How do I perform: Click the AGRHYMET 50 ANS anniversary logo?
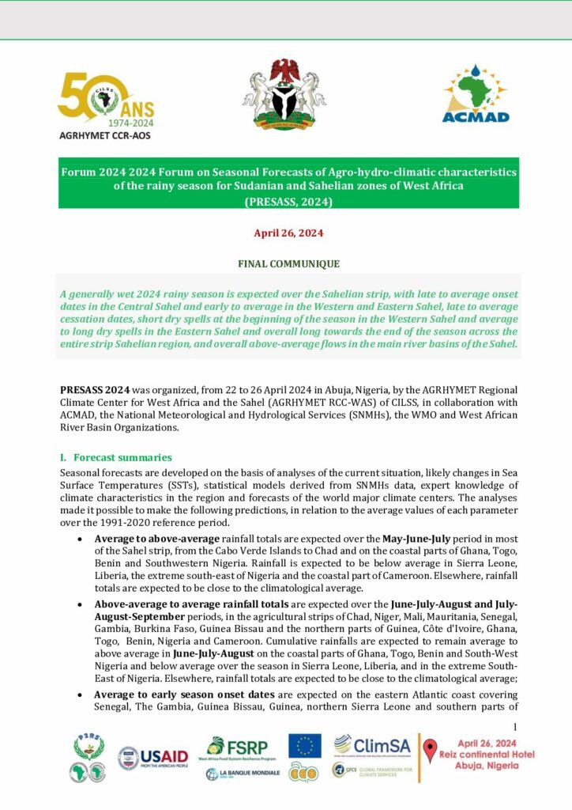point(105,105)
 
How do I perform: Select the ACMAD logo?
point(476,94)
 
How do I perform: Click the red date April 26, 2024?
point(288,233)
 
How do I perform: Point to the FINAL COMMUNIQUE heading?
point(288,263)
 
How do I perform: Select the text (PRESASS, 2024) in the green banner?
point(288,201)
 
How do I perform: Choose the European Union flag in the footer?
point(304,745)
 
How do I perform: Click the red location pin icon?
point(430,751)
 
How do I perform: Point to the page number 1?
point(514,727)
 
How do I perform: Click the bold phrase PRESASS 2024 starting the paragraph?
point(95,390)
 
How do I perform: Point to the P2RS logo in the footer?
point(88,758)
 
